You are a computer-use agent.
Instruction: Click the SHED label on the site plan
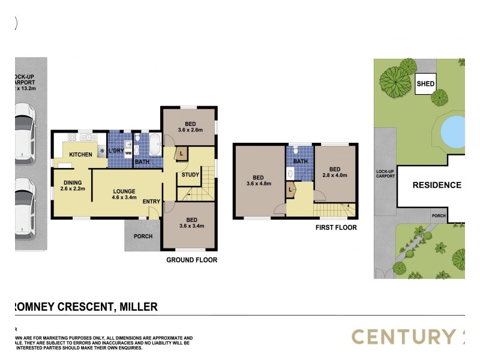coord(425,85)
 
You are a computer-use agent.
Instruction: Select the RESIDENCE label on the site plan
coord(436,185)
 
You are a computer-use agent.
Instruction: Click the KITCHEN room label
coord(80,155)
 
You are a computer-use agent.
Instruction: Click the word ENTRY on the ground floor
coord(151,201)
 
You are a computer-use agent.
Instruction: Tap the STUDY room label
coord(191,175)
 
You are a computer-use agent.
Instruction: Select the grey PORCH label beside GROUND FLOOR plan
coord(143,236)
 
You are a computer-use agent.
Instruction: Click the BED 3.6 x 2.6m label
coord(190,126)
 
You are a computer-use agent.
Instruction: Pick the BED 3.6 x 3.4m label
coord(191,223)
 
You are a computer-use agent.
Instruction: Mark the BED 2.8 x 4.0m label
coord(335,172)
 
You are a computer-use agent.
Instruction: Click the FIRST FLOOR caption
coord(336,228)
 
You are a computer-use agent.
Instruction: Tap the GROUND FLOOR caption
coord(191,260)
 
